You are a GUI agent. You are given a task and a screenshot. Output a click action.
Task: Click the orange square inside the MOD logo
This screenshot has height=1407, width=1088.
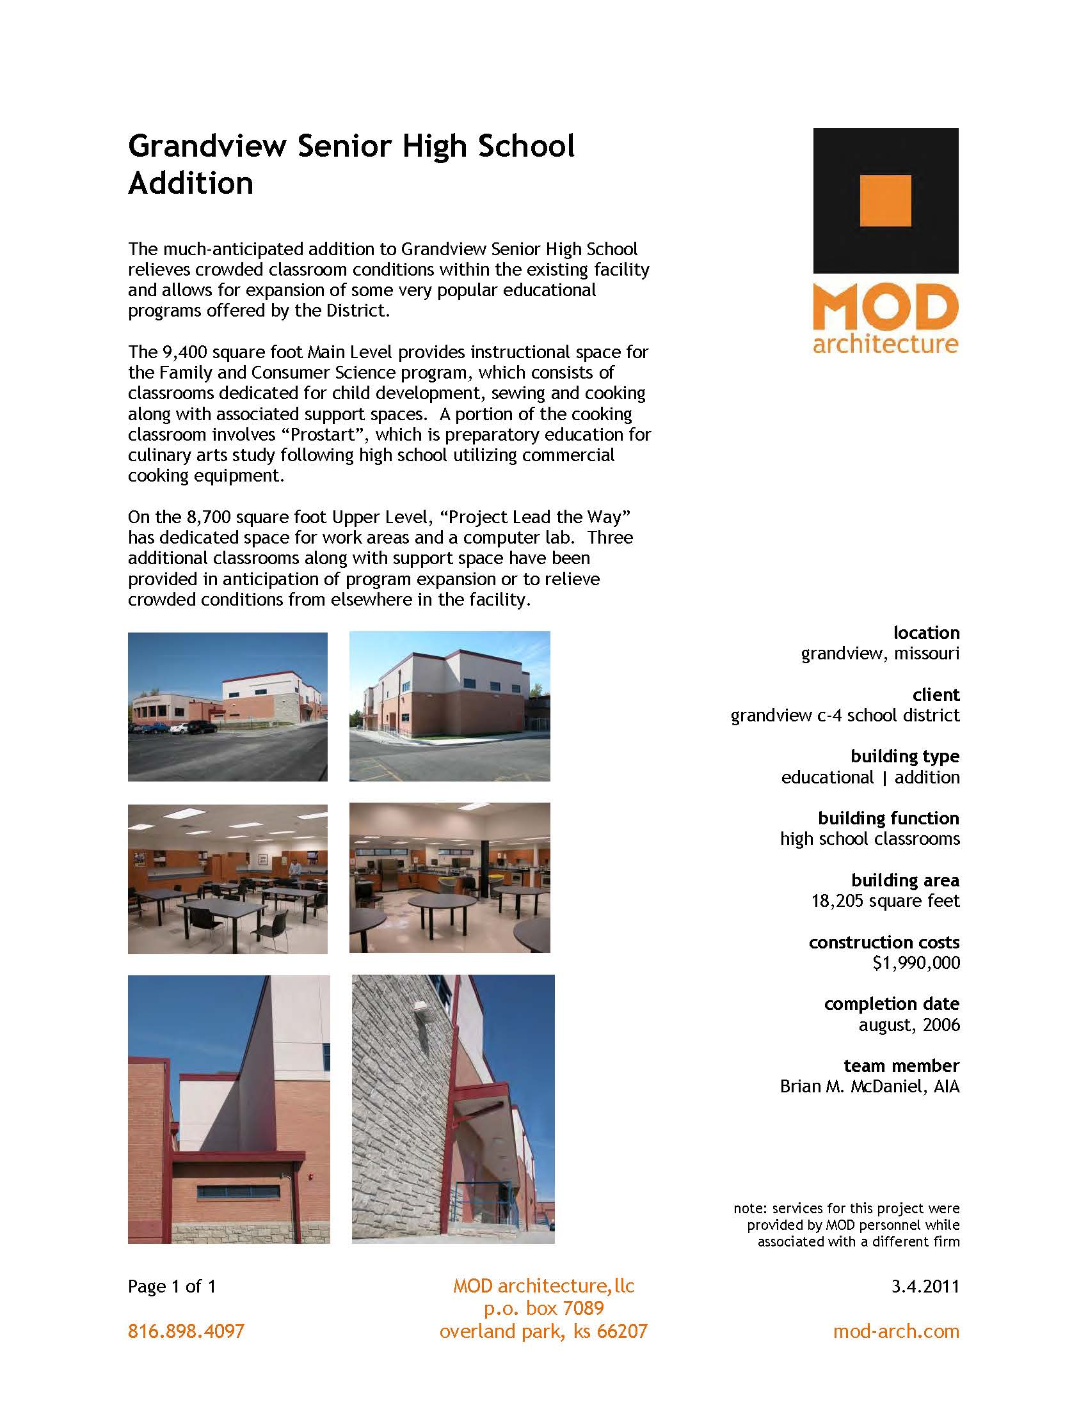click(x=886, y=200)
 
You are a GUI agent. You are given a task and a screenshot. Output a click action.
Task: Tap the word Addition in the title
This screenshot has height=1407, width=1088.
click(x=191, y=184)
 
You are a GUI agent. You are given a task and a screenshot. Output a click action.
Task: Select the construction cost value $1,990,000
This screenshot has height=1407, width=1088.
click(x=916, y=963)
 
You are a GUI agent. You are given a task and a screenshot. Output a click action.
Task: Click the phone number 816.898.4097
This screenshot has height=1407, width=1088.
click(x=186, y=1331)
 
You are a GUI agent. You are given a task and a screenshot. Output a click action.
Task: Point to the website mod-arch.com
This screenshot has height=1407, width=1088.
click(x=896, y=1331)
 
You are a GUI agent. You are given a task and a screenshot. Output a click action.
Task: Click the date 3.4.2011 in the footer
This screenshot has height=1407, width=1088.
click(x=925, y=1287)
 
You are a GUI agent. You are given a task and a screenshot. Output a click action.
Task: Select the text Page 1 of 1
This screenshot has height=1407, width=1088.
click(x=172, y=1287)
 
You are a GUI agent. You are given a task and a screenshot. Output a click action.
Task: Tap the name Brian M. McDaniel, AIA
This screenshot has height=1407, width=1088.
click(x=870, y=1086)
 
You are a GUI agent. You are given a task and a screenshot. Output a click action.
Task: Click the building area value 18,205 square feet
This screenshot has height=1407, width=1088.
click(x=885, y=900)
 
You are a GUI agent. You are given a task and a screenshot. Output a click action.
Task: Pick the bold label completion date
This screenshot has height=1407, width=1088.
click(x=892, y=1003)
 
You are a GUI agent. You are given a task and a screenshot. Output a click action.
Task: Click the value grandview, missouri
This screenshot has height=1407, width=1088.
click(x=880, y=653)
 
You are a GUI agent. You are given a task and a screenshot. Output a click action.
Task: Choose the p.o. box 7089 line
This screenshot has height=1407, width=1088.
click(x=544, y=1309)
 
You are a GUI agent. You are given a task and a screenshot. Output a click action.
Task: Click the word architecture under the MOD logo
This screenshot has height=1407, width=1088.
click(x=886, y=343)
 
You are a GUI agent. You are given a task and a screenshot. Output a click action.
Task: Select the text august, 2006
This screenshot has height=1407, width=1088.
click(x=909, y=1025)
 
